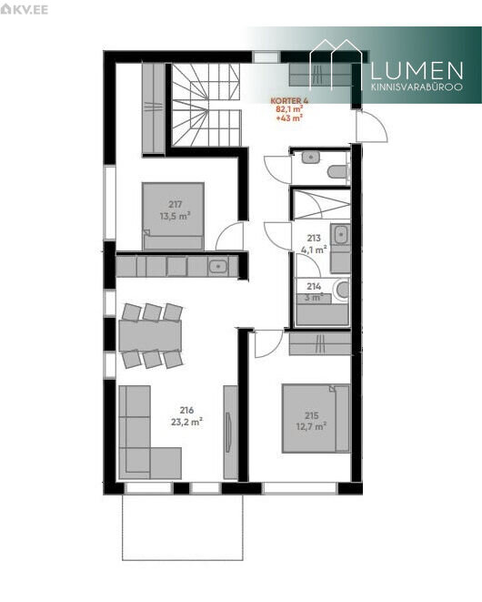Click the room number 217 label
[175, 204]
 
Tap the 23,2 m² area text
[186, 422]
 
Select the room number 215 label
[312, 415]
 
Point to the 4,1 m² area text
[314, 250]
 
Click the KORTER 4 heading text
[289, 100]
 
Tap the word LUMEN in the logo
[417, 71]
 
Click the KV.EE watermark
[25, 9]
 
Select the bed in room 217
[173, 216]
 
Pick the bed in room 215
[316, 418]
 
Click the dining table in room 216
[150, 335]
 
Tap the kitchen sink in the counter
[217, 266]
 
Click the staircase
[206, 105]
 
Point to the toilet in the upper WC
[337, 171]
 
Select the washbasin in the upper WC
[311, 157]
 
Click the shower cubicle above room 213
[321, 204]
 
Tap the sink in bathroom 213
[340, 234]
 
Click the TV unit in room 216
[231, 432]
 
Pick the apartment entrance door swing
[372, 126]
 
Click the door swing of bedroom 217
[229, 237]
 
